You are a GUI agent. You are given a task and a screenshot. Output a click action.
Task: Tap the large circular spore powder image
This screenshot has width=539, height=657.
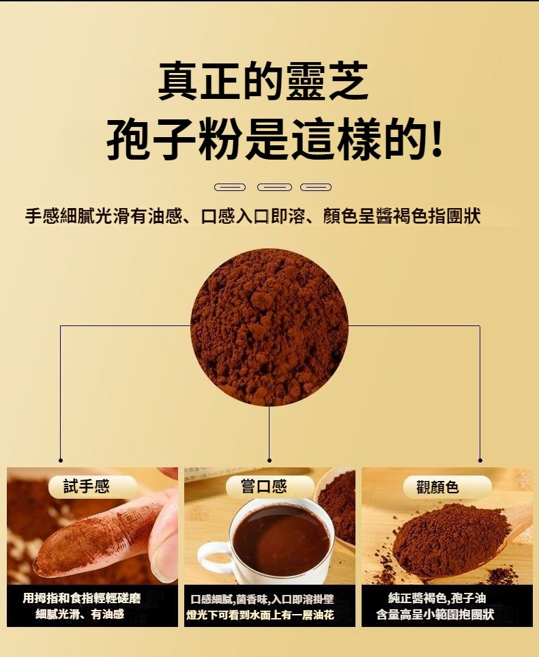click(x=269, y=327)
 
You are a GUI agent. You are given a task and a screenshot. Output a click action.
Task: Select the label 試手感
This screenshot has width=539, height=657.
click(x=86, y=486)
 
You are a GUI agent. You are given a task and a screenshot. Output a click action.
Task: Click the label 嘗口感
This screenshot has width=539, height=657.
click(x=263, y=486)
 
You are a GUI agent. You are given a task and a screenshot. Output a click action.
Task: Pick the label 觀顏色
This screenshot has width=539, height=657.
click(x=437, y=487)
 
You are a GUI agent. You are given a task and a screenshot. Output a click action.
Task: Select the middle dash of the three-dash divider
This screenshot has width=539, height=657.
click(x=274, y=187)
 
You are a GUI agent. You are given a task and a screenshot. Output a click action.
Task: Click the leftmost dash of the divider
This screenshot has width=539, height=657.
click(x=230, y=187)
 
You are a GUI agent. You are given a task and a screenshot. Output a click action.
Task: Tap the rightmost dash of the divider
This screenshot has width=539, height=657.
click(x=316, y=187)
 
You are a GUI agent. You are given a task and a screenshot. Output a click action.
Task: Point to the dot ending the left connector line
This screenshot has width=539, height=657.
click(x=60, y=460)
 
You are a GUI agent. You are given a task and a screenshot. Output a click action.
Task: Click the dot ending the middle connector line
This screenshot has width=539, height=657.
click(x=269, y=460)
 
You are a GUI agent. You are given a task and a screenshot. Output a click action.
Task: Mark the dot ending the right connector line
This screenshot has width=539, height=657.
click(x=480, y=460)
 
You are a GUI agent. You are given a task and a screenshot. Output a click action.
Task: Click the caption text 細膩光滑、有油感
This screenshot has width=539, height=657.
click(x=80, y=614)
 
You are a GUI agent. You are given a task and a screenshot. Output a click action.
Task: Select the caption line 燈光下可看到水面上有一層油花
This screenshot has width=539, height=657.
click(x=260, y=615)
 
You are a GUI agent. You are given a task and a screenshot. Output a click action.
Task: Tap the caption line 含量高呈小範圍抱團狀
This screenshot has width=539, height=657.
click(x=435, y=614)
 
